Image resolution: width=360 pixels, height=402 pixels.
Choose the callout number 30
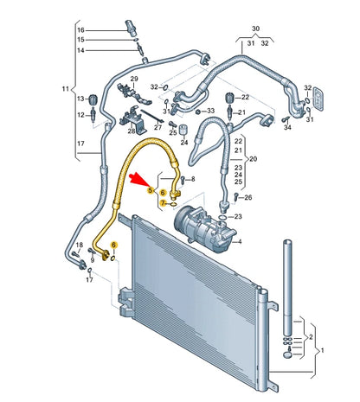click(254, 28)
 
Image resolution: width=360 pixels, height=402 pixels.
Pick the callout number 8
click(193, 179)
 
